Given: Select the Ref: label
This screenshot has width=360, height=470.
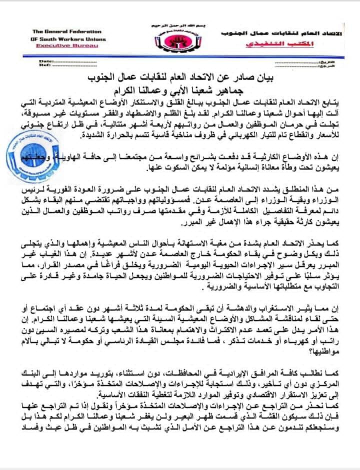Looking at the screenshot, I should (44, 65).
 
